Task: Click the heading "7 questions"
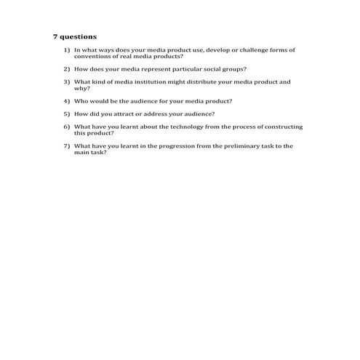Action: pyautogui.click(x=75, y=36)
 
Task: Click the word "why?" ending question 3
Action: pyautogui.click(x=81, y=88)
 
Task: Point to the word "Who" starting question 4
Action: pyautogui.click(x=80, y=101)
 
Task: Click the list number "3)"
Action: pyautogui.click(x=66, y=81)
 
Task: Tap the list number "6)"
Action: pyautogui.click(x=66, y=127)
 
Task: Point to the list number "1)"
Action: pyautogui.click(x=66, y=49)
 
